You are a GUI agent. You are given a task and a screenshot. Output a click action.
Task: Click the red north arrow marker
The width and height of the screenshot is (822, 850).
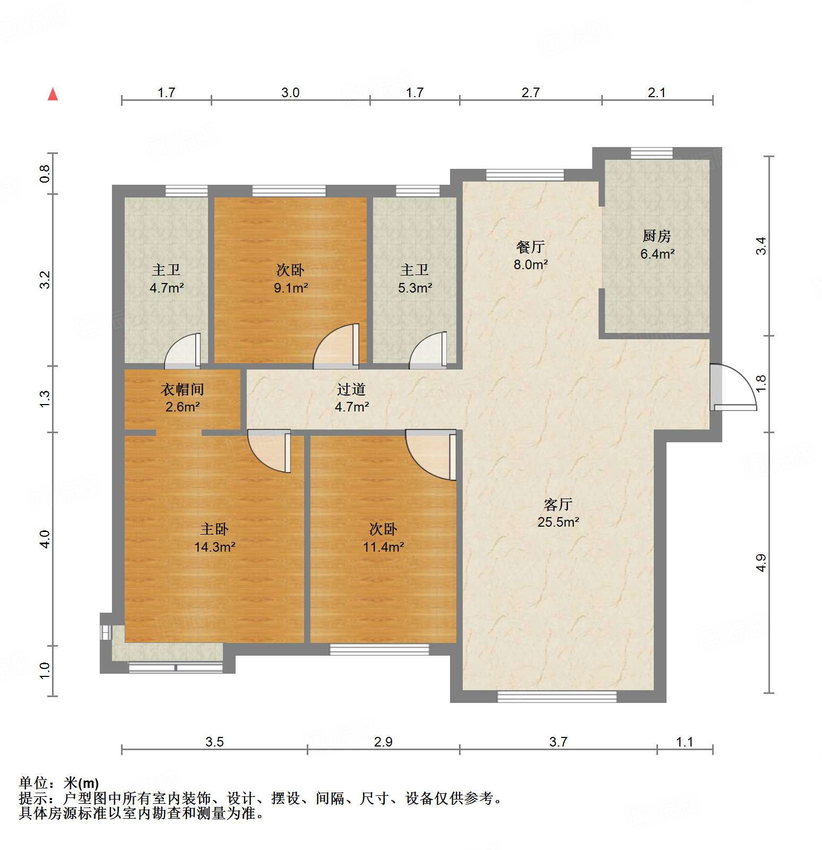53,94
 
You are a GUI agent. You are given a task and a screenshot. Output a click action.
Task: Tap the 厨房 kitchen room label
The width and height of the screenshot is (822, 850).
656,236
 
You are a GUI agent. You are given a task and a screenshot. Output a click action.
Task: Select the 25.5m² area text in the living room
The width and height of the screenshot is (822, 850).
558,522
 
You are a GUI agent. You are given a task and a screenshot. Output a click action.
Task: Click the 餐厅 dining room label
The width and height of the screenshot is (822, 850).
530,247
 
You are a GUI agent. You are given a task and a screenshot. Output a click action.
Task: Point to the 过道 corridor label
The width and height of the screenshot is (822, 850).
351,390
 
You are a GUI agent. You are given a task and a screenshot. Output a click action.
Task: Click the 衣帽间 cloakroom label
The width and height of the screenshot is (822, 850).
182,390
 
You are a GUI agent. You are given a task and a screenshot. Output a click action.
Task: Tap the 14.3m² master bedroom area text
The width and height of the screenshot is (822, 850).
214,547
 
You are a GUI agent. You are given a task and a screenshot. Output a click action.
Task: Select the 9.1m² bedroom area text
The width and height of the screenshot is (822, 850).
290,288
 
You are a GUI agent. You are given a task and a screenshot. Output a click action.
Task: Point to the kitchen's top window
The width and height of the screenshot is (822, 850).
651,153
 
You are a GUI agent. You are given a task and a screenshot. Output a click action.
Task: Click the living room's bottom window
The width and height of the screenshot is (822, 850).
557,697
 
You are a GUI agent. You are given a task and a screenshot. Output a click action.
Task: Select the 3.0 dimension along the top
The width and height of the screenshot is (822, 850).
290,93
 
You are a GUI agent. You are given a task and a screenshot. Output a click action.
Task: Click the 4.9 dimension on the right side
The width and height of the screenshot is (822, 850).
761,563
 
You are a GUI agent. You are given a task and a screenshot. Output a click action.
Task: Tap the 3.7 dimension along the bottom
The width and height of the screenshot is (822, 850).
558,742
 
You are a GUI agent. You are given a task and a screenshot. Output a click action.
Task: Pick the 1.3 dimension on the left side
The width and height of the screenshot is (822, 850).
45,398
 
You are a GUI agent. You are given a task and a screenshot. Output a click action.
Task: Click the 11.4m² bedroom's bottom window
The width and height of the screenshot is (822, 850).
379,649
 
